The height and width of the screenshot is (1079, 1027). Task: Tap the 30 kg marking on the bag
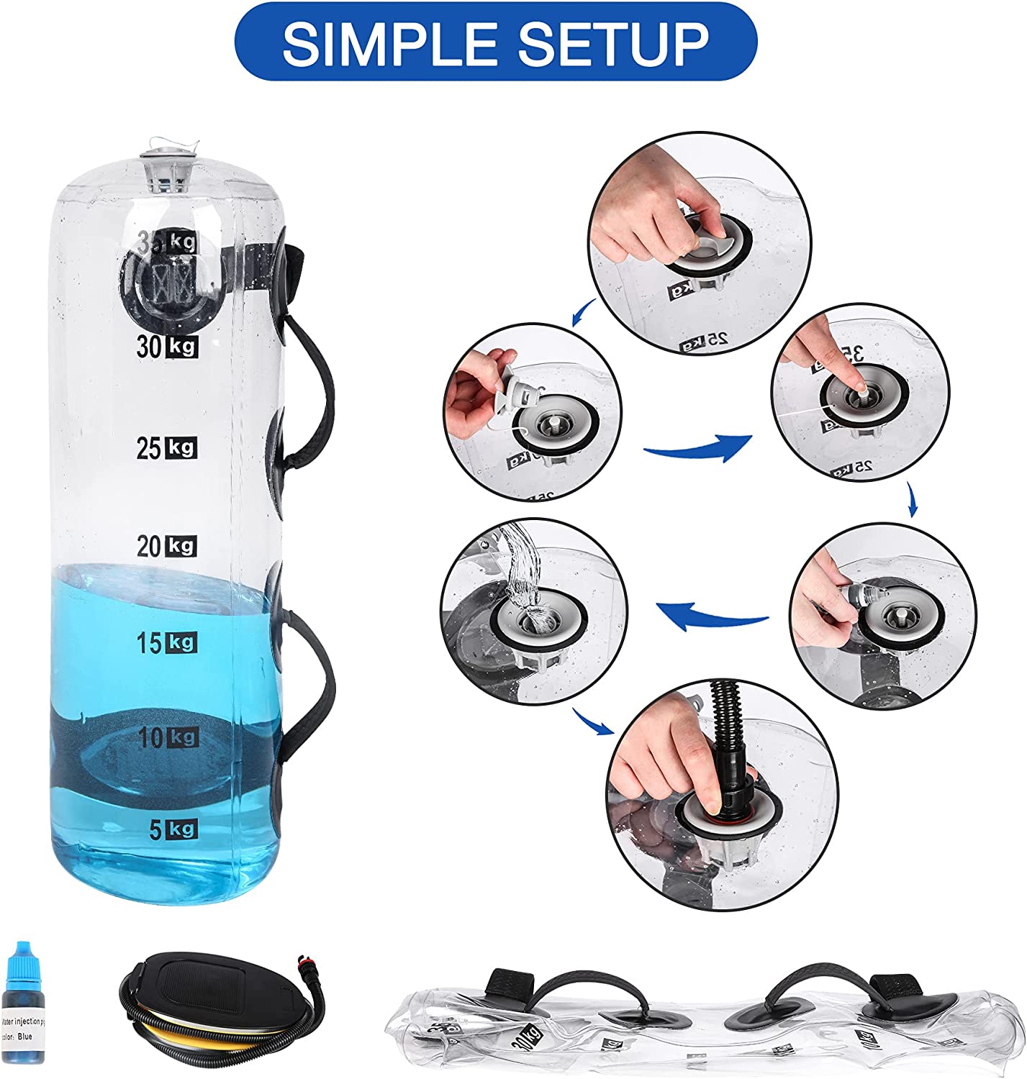pos(167,347)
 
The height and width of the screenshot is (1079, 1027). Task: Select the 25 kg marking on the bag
pos(167,448)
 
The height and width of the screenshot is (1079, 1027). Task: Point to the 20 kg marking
pos(167,547)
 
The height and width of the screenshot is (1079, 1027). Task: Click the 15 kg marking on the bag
pos(167,642)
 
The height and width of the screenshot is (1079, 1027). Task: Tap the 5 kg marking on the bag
pos(173,830)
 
